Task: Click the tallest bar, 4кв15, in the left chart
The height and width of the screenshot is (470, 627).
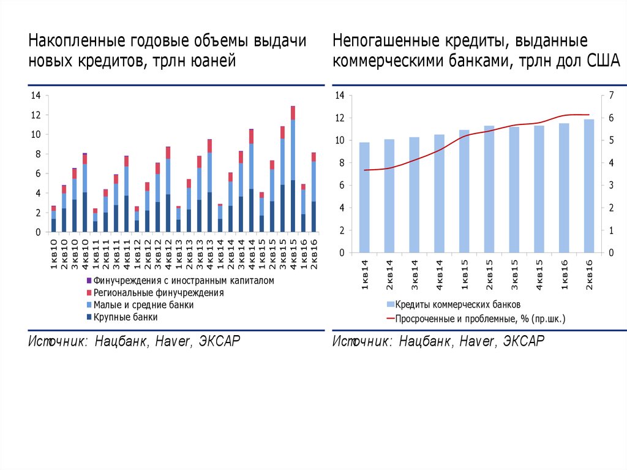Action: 293,172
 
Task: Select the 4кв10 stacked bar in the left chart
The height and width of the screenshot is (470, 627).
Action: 84,193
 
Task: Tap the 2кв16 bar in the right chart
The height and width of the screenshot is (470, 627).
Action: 589,187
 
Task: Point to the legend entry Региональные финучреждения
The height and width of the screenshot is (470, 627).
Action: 158,293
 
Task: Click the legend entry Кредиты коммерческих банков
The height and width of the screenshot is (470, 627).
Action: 457,305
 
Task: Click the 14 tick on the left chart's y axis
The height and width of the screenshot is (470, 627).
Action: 35,95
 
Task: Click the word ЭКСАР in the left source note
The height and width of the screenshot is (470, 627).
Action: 219,341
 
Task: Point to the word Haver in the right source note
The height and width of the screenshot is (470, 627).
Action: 479,341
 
